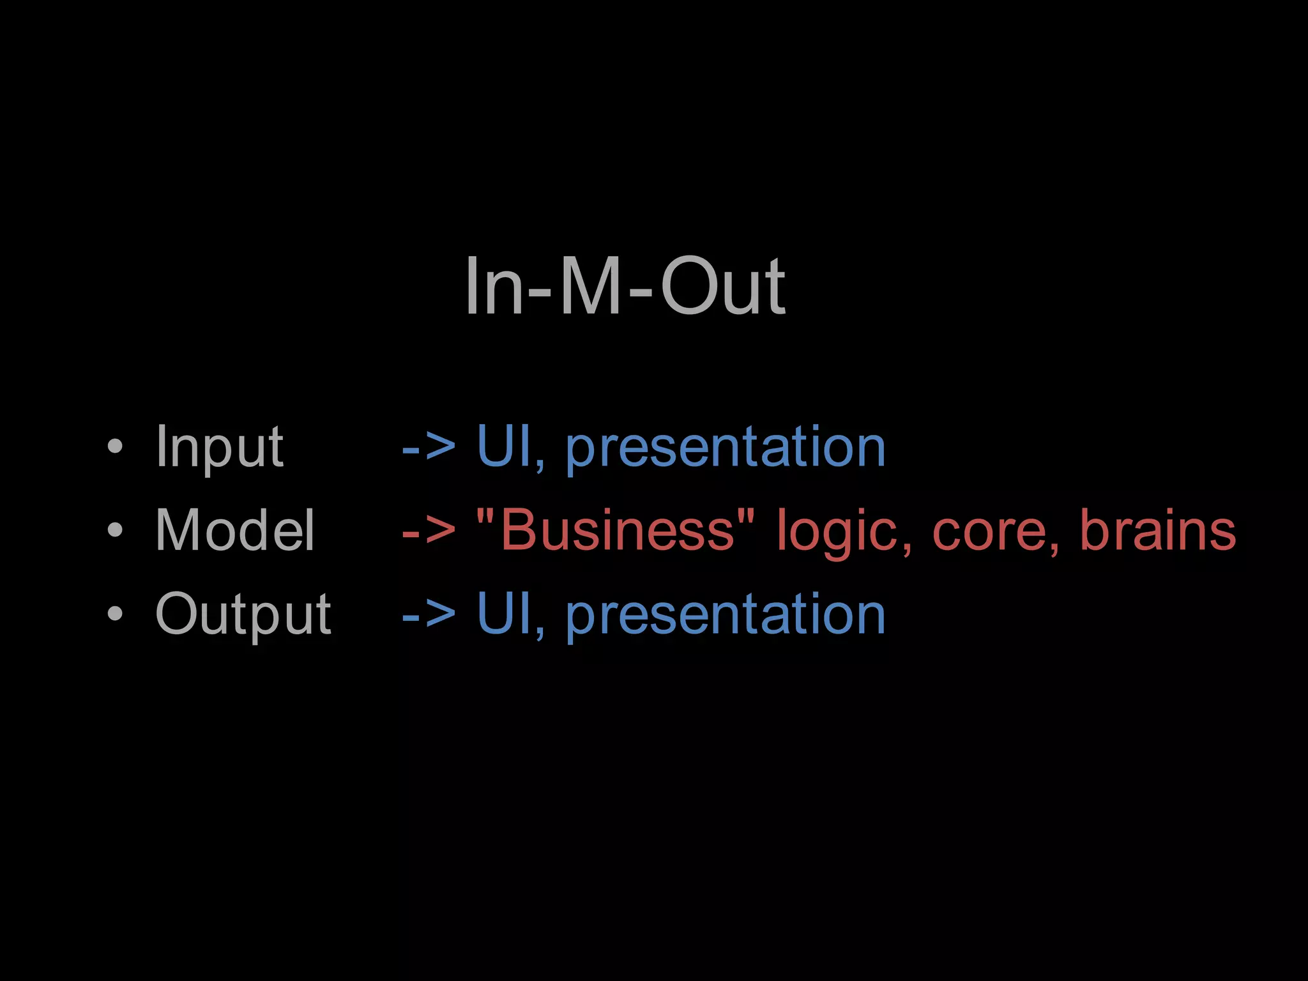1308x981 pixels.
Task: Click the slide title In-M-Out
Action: (625, 285)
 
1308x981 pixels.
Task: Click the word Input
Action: (219, 447)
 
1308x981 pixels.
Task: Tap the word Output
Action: (243, 614)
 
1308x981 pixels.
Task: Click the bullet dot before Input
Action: (115, 447)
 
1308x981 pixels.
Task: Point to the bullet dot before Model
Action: (115, 530)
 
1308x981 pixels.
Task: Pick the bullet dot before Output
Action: (115, 614)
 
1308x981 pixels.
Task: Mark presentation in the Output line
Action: (726, 615)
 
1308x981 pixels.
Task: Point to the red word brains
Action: (1157, 530)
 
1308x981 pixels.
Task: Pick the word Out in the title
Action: (722, 285)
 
